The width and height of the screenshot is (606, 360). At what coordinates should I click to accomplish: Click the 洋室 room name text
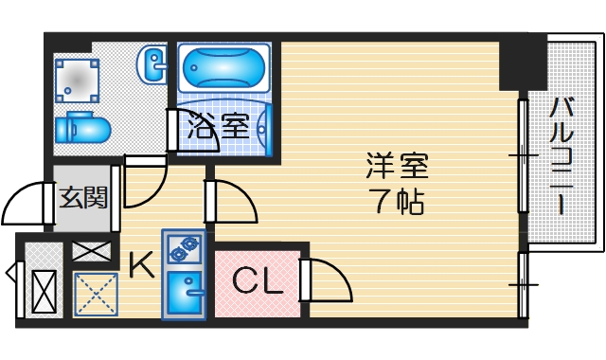point(398,166)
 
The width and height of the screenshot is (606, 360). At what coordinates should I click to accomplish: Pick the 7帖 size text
point(398,201)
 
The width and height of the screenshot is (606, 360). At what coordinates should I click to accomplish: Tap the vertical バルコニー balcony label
point(560,156)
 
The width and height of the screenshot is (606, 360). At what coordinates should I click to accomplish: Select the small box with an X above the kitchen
point(91,252)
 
